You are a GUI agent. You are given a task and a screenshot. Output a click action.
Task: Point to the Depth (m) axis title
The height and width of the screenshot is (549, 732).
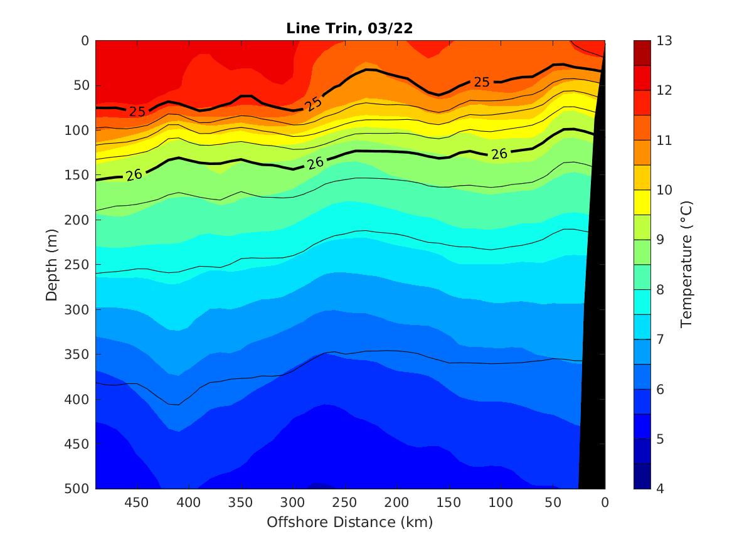[x=52, y=264]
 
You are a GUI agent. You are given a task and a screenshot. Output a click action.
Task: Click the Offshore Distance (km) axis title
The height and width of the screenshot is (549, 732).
[x=350, y=522]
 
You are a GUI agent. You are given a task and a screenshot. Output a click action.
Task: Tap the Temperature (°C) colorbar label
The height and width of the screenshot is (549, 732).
[x=686, y=264]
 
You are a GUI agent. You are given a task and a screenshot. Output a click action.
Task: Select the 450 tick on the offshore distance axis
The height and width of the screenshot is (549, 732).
[x=136, y=503]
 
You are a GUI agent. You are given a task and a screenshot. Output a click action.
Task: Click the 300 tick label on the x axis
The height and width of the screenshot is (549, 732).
[x=292, y=503]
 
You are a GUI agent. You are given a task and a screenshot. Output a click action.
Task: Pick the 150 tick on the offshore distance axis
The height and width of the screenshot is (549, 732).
[x=448, y=503]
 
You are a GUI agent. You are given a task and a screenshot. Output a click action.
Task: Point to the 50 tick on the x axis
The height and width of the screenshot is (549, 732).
[x=553, y=503]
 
